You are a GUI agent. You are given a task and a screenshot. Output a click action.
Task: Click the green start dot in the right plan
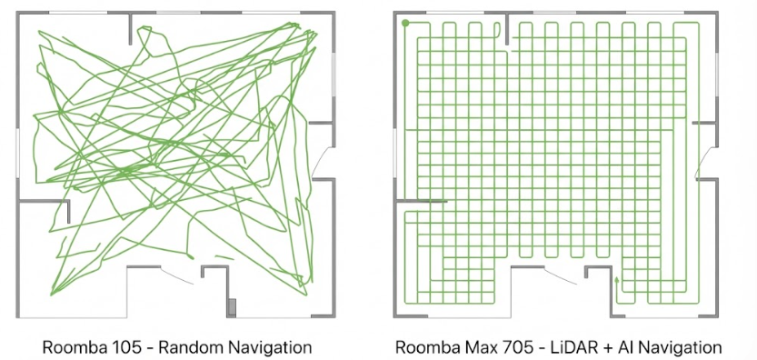click(x=405, y=23)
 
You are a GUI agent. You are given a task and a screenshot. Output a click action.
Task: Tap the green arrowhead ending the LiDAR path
click(x=616, y=278)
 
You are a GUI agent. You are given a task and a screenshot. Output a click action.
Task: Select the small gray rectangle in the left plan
click(x=233, y=307)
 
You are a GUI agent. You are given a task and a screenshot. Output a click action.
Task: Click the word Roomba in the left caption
click(x=64, y=347)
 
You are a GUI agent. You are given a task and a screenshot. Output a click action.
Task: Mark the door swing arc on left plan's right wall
click(x=320, y=162)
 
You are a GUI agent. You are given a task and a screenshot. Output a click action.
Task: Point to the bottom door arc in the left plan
click(x=176, y=275)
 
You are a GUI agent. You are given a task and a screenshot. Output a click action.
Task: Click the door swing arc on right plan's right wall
click(x=704, y=162)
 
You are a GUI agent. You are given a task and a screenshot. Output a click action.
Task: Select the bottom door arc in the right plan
click(x=560, y=275)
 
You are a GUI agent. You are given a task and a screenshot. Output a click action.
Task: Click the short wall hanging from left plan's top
click(x=130, y=28)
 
